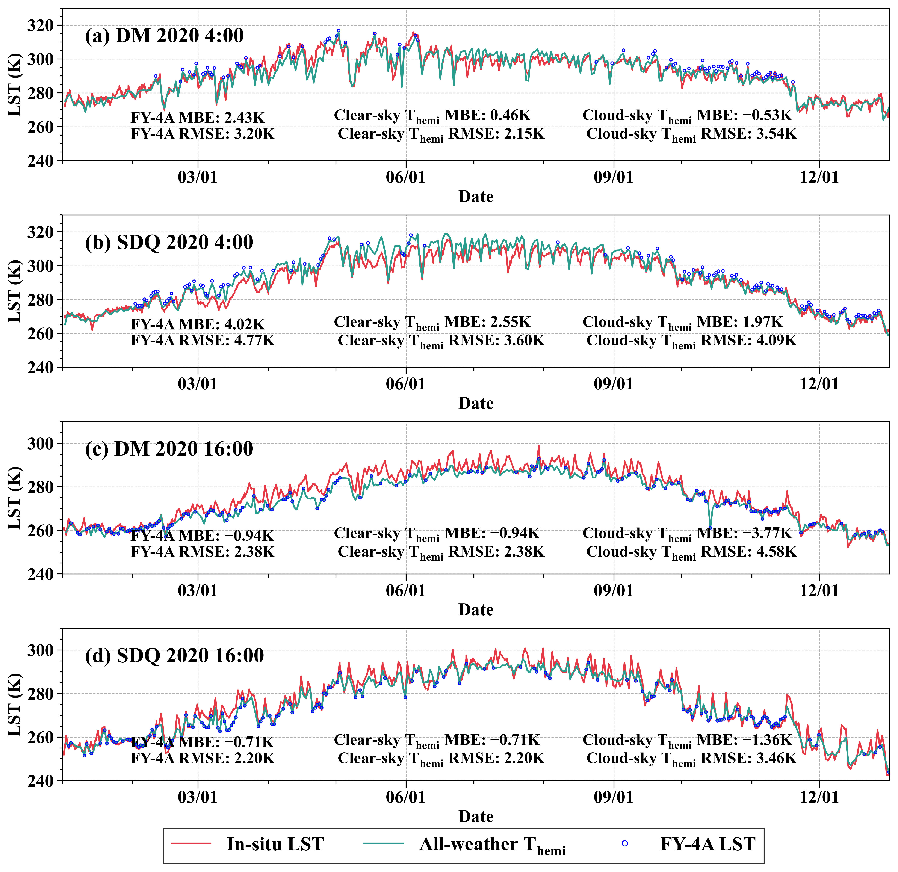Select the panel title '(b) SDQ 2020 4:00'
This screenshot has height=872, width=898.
point(169,242)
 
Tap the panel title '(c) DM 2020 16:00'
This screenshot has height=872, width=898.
point(169,449)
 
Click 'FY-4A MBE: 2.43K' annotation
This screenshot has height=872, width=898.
point(197,118)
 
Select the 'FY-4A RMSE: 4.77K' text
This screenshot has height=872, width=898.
point(203,341)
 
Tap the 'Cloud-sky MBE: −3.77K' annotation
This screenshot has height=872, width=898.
point(687,534)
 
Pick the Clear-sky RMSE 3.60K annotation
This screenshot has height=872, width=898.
point(441,342)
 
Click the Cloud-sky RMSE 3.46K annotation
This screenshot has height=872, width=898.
point(691,759)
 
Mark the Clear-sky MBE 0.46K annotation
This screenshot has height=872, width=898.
point(432,116)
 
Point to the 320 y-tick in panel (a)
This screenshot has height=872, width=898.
point(40,25)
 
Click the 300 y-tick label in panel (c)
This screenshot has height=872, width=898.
point(40,443)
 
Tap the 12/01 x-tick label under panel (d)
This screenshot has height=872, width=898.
point(819,797)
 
